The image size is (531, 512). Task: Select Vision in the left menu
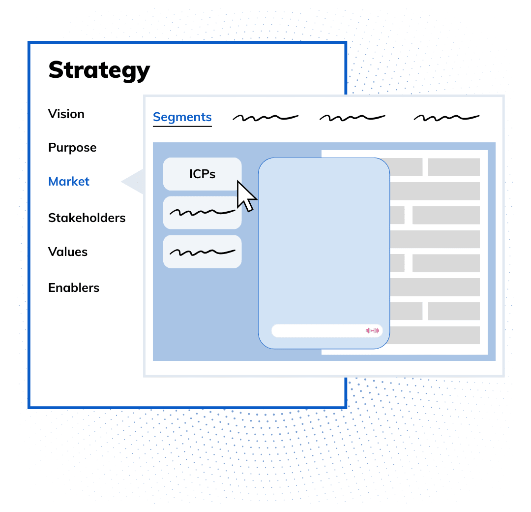click(x=66, y=114)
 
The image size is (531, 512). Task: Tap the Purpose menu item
click(x=72, y=147)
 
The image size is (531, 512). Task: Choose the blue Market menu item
click(x=69, y=181)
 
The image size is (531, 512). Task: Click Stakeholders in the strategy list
click(x=87, y=218)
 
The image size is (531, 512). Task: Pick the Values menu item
click(x=68, y=252)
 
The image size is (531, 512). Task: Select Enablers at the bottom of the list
click(x=74, y=288)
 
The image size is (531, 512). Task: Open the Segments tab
click(x=182, y=117)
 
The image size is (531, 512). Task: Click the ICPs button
click(x=202, y=174)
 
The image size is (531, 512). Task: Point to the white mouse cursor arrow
click(x=246, y=195)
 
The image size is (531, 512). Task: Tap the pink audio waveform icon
click(x=372, y=331)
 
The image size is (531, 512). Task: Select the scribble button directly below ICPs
click(x=202, y=213)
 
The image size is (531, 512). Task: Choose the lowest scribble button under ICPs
click(x=202, y=252)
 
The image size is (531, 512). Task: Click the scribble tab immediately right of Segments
click(x=265, y=117)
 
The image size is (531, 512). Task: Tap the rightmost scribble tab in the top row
click(x=446, y=117)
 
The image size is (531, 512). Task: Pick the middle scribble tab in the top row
click(x=352, y=117)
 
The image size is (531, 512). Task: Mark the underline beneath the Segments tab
click(x=182, y=127)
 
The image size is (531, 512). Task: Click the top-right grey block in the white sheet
click(x=453, y=167)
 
